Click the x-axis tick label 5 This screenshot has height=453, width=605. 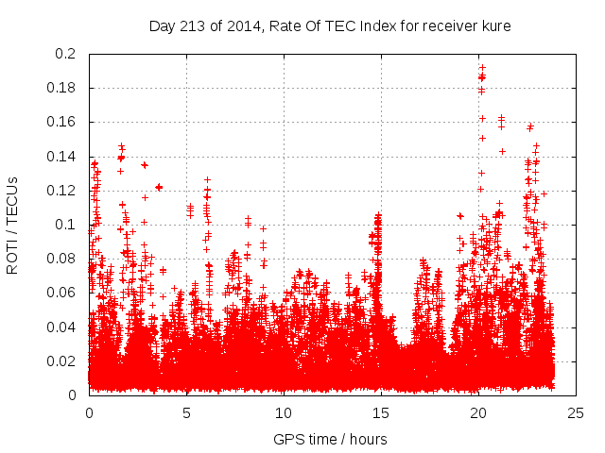(x=186, y=412)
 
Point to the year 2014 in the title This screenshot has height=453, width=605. (x=247, y=25)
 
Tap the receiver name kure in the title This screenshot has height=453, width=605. (x=495, y=25)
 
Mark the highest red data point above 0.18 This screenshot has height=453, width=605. (x=481, y=67)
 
